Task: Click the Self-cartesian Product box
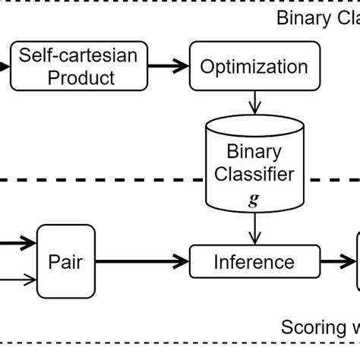(69, 66)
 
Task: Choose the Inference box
(253, 263)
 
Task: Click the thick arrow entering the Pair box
(18, 243)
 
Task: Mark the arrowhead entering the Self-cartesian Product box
(6, 66)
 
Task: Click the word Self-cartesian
(69, 56)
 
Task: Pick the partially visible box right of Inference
(357, 263)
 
